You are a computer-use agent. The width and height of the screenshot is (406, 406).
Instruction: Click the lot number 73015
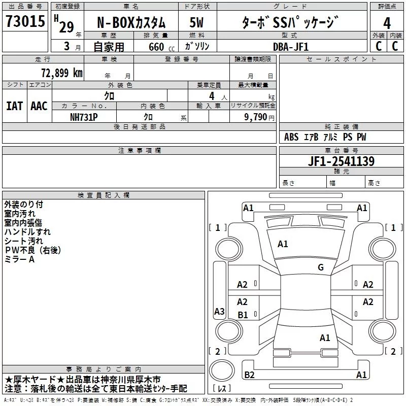point(25,21)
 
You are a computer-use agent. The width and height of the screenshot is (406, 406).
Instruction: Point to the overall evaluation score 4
point(387,22)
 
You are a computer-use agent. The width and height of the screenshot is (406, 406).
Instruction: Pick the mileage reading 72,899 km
point(61,73)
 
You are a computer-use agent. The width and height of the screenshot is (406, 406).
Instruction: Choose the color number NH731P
point(84,117)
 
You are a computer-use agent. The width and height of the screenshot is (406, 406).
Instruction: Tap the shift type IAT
point(14,106)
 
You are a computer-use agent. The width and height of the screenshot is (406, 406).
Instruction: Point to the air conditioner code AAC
point(39,106)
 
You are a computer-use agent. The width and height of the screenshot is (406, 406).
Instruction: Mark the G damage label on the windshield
point(320,267)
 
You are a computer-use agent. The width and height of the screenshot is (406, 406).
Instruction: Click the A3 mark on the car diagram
point(219,312)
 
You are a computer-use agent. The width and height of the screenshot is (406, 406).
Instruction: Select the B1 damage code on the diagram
point(243,315)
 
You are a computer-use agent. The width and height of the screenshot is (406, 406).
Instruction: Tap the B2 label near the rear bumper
point(249,375)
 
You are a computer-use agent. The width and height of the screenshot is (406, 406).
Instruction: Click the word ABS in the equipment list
point(291,137)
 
